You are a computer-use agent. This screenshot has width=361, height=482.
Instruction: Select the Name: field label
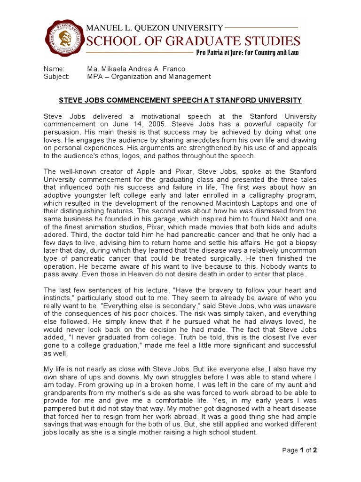(x=53, y=69)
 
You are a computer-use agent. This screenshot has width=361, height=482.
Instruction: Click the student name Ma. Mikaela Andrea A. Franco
(x=136, y=69)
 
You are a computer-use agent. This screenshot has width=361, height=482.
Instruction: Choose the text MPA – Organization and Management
(x=149, y=77)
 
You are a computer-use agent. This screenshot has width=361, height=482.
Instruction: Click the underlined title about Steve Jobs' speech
(x=180, y=100)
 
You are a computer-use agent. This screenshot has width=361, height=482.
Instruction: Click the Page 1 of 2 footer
(x=299, y=450)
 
